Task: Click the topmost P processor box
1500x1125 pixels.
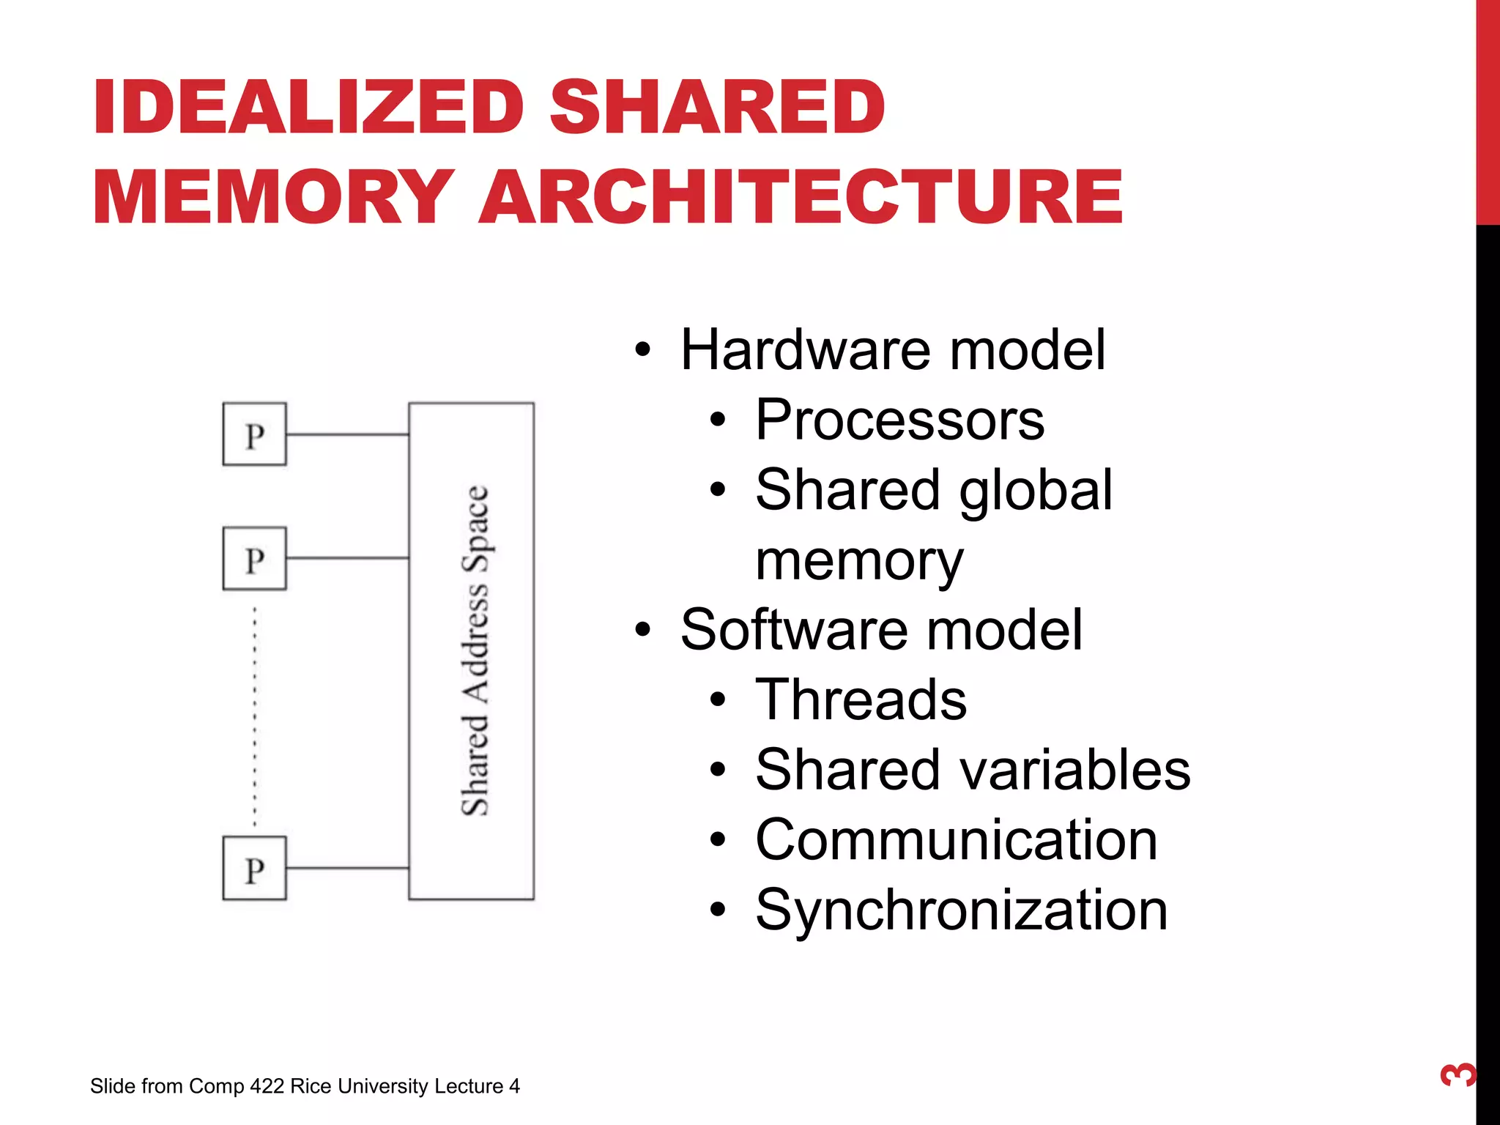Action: (254, 434)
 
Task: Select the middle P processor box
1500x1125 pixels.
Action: (254, 559)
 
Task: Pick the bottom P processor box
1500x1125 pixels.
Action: (254, 869)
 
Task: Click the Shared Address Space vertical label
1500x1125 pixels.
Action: (475, 650)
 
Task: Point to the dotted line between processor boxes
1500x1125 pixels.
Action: (255, 714)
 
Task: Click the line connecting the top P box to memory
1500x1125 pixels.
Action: (347, 434)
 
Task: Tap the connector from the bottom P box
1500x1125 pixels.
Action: (347, 868)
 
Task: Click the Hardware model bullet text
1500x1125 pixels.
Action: (892, 350)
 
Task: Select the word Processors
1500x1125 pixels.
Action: (899, 420)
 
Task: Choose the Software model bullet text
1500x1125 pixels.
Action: (880, 630)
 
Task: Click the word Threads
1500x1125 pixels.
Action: (861, 700)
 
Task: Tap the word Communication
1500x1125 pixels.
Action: (956, 840)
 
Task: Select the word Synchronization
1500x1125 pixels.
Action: (961, 910)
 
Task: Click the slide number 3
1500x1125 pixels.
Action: (1458, 1074)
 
